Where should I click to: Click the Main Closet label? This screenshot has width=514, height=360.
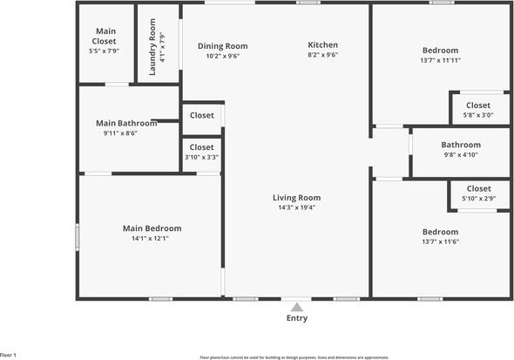[x=105, y=36]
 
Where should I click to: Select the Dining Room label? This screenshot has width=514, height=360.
[x=222, y=46]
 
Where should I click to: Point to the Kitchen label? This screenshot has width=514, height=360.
[x=322, y=45]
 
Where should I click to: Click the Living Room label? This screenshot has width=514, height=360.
[x=296, y=198]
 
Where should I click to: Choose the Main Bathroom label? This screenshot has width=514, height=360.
[x=126, y=123]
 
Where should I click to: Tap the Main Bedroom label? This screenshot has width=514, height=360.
[x=152, y=228]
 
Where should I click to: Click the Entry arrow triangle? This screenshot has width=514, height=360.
[x=296, y=307]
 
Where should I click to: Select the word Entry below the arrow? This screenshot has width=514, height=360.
[x=296, y=319]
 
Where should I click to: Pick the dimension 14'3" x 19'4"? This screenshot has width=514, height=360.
[x=296, y=207]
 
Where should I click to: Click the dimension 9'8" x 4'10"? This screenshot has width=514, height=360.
[x=460, y=155]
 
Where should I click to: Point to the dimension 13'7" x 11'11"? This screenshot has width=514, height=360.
[x=440, y=60]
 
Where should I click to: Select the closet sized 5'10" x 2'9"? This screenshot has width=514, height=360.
[x=478, y=194]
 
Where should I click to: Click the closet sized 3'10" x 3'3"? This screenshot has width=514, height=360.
[x=201, y=153]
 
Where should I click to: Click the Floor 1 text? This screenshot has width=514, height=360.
[x=9, y=355]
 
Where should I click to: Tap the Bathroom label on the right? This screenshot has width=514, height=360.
[x=460, y=145]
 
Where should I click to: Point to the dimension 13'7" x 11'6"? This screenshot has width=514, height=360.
[x=440, y=241]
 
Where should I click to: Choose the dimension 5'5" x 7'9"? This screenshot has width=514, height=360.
[x=105, y=51]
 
